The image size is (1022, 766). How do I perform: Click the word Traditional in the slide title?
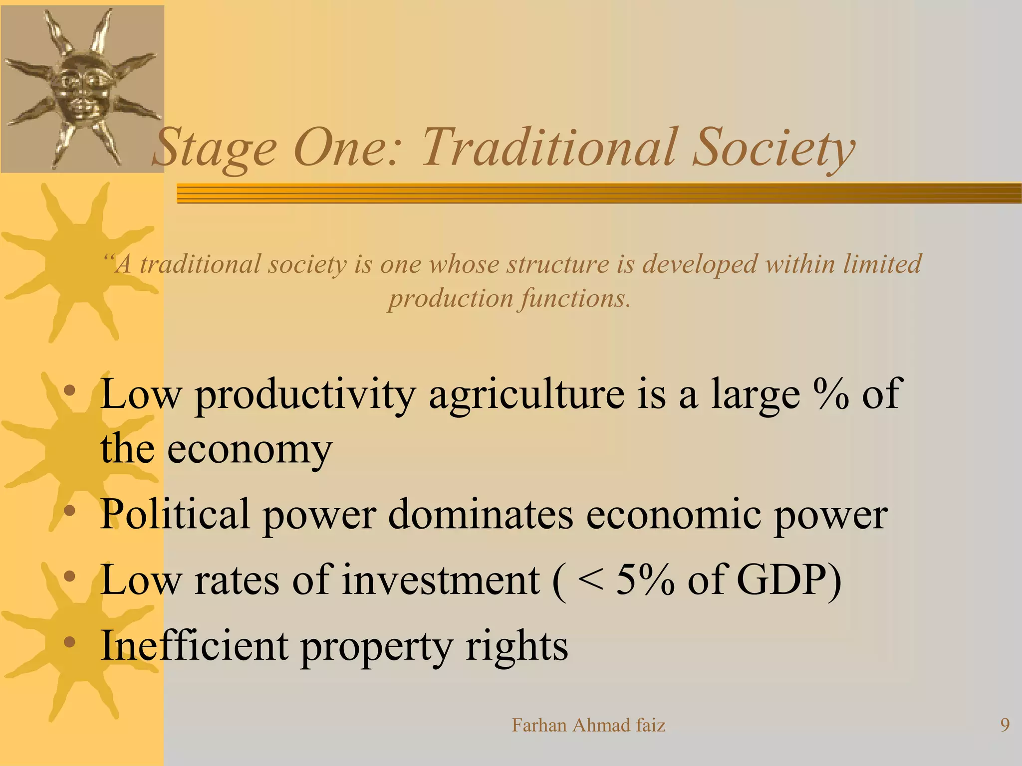tap(549, 148)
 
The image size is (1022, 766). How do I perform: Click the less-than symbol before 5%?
tap(590, 580)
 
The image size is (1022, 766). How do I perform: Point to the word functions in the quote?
tap(574, 299)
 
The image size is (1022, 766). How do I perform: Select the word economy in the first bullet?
tap(250, 449)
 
